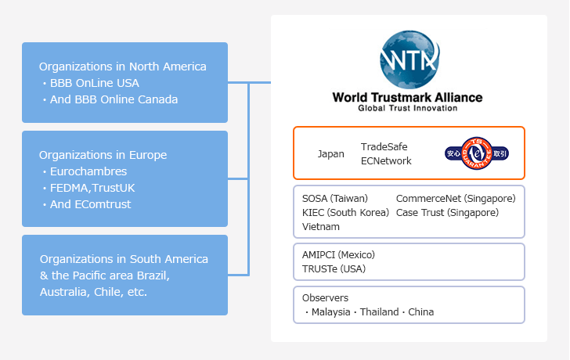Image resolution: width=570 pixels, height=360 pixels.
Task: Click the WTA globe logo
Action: point(409,59)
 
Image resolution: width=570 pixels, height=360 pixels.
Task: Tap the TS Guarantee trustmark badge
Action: point(477,153)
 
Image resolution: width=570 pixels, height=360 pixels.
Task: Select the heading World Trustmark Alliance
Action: point(407,97)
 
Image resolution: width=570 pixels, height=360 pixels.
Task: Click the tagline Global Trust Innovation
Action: point(407,108)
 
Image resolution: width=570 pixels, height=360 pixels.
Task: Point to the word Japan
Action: point(330,154)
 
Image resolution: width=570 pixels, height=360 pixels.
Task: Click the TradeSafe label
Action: point(384,147)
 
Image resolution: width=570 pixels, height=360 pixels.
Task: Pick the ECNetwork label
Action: point(386,161)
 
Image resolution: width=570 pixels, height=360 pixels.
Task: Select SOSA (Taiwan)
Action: point(335,198)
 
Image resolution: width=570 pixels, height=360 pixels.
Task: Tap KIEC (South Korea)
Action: point(345,213)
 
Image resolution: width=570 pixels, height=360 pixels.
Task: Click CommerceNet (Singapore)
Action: point(456,198)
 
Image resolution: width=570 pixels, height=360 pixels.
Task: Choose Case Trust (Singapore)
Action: point(447,213)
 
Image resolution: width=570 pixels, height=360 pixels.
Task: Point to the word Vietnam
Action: point(321,227)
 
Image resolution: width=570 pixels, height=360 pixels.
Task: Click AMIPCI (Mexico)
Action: point(338,255)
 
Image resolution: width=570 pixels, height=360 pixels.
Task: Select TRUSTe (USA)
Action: point(334,269)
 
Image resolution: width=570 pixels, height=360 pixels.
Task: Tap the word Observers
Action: point(325,298)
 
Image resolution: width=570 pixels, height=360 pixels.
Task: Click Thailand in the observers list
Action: point(379,312)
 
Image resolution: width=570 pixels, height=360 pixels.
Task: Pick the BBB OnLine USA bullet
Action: point(91,83)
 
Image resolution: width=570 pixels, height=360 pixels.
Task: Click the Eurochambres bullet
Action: point(85,171)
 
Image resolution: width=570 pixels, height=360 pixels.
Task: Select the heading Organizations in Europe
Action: point(103,155)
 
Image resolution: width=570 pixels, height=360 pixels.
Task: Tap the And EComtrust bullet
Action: point(86,204)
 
